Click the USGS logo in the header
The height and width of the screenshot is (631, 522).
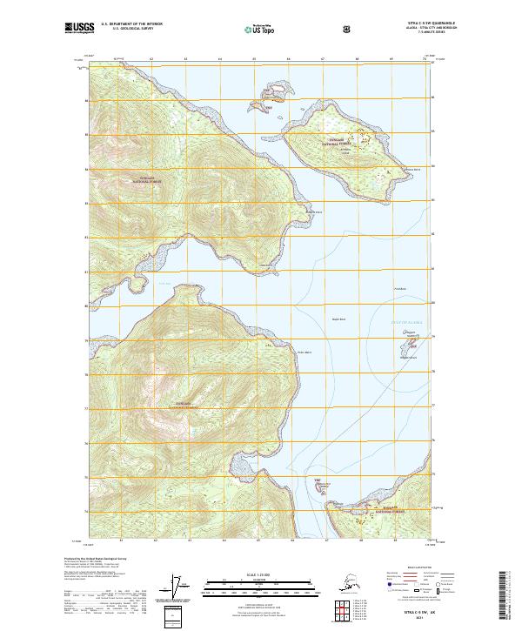point(77,28)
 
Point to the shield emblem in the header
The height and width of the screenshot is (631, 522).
point(347,30)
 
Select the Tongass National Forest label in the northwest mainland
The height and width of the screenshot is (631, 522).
point(147,178)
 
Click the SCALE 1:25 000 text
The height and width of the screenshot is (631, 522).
point(261,575)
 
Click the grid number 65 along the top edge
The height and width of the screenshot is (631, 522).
point(254,59)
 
